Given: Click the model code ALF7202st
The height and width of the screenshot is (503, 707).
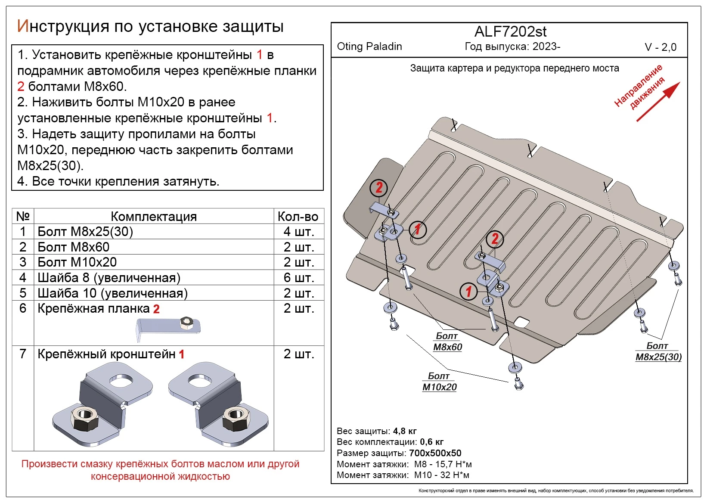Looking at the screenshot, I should coord(510,32).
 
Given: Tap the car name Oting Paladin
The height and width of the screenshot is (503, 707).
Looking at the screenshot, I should coord(369,47).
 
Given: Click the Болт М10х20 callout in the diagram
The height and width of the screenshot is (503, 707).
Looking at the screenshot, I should coord(439,382).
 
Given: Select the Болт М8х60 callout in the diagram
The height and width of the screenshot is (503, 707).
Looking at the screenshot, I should coord(447,342).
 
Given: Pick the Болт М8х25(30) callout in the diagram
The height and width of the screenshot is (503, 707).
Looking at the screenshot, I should coord(658,351).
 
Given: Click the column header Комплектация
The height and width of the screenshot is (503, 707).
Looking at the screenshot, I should coord(154,216).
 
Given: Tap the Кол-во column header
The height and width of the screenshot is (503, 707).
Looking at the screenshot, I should coord(298,216).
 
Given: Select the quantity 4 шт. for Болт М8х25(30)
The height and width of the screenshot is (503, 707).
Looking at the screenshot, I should coord(298,232).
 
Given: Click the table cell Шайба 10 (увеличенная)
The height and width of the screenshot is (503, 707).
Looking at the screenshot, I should coord(113,293).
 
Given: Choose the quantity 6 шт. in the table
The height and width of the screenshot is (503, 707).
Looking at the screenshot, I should coord(298,278).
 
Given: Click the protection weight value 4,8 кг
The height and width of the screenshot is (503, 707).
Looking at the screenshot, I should coord(405,431).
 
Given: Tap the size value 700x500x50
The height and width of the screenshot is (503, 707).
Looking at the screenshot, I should coord(435,453).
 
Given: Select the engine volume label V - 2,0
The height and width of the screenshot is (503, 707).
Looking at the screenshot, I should coord(660,47).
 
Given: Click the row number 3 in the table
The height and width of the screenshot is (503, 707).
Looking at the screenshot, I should coord(23,262).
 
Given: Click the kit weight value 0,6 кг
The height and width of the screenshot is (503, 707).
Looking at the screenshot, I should coord(432,442).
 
